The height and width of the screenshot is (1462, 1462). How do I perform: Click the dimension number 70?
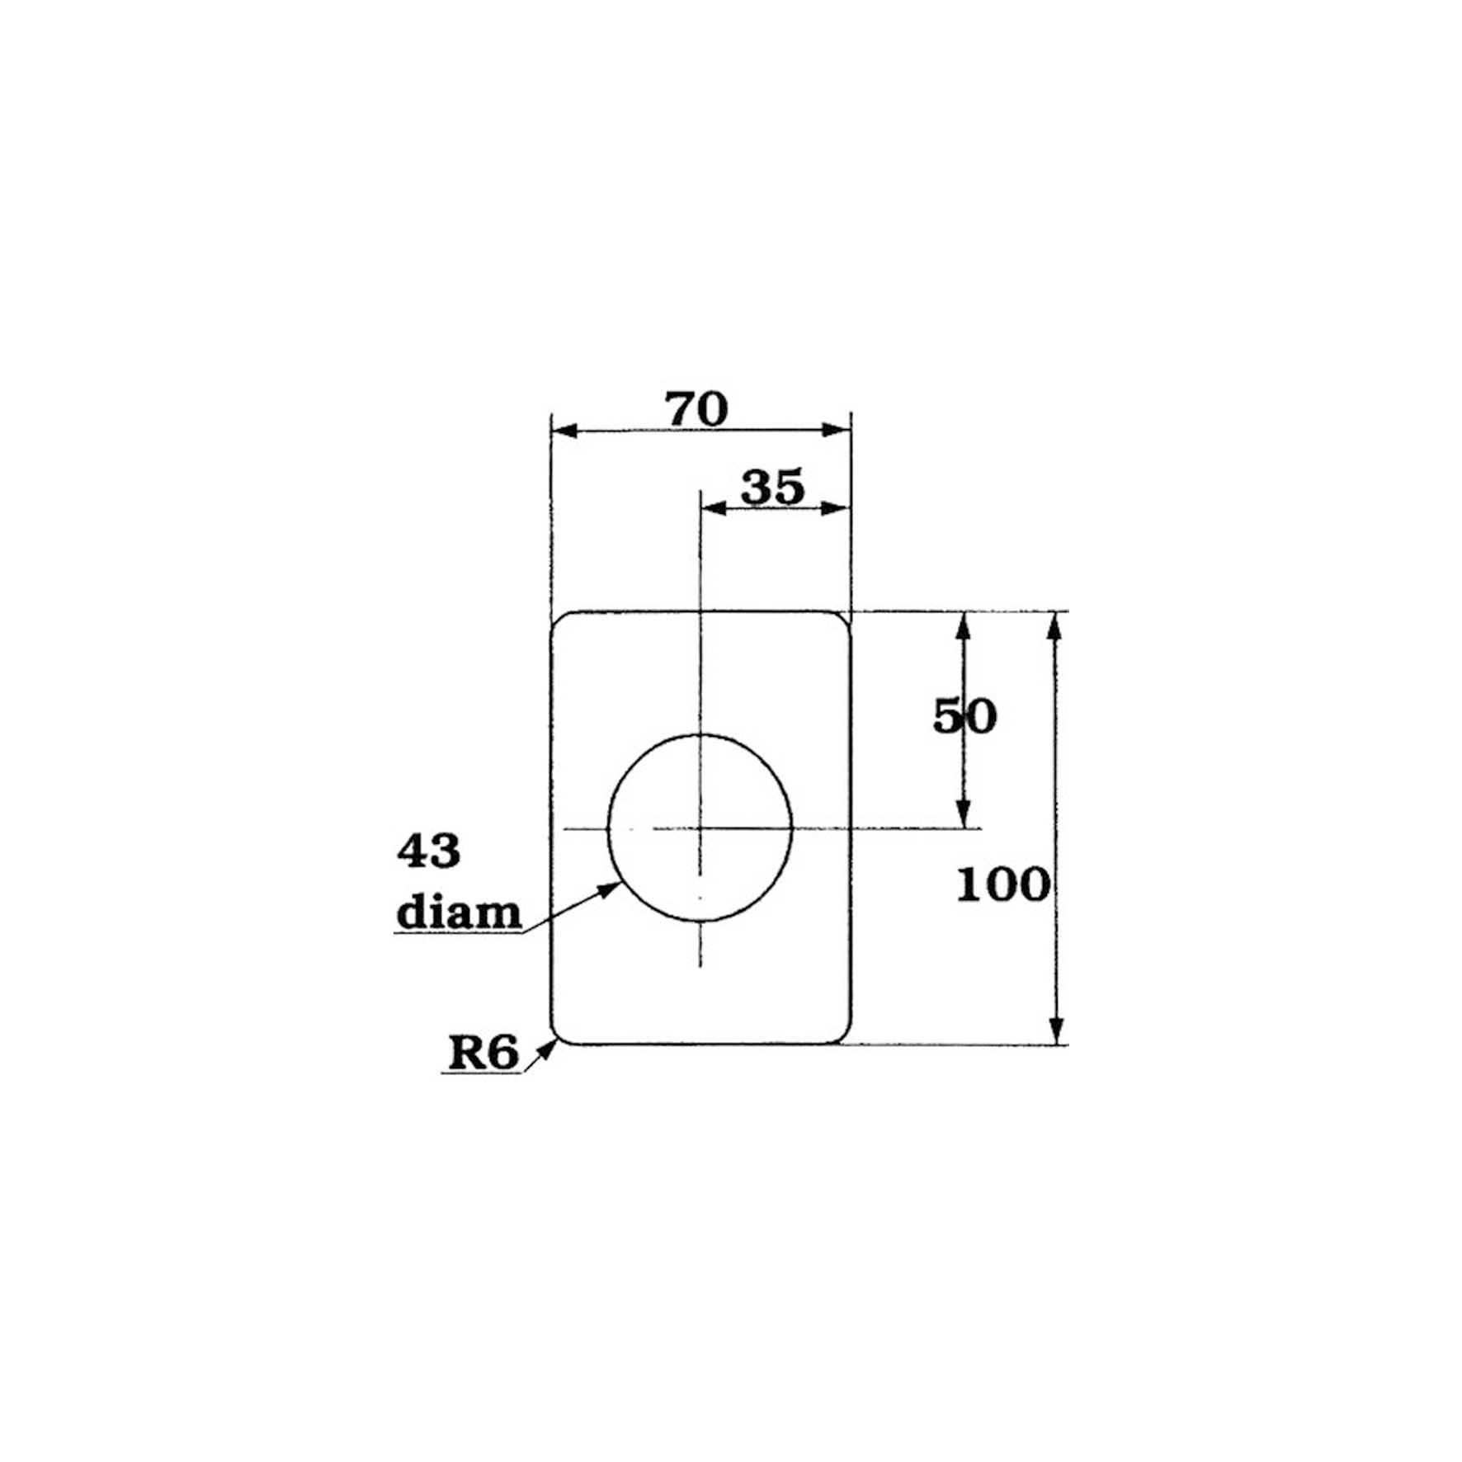pyautogui.click(x=697, y=409)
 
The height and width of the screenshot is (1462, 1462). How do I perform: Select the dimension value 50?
pyautogui.click(x=964, y=716)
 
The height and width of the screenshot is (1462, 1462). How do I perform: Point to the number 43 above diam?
pyautogui.click(x=428, y=851)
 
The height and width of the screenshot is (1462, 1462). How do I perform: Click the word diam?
pyautogui.click(x=459, y=913)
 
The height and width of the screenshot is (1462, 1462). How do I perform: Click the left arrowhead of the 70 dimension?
pyautogui.click(x=564, y=431)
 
